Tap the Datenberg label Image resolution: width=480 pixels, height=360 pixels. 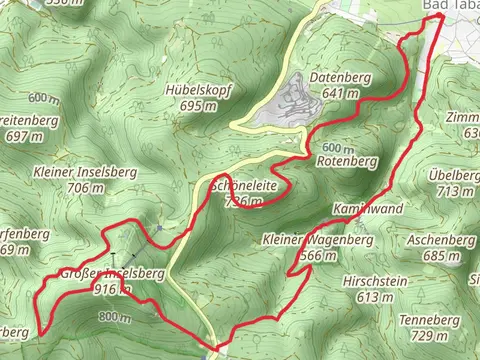(x=340, y=78)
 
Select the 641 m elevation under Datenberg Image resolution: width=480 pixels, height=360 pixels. (x=340, y=93)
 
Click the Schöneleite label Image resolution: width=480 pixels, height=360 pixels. (x=244, y=187)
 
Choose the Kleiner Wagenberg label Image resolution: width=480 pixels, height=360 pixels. (x=317, y=241)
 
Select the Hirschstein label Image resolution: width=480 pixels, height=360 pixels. (x=374, y=282)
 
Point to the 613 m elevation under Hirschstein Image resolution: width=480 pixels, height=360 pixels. (x=374, y=297)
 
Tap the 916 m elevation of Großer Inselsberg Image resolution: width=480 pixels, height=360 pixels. (x=111, y=289)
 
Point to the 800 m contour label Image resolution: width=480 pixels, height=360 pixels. (x=115, y=318)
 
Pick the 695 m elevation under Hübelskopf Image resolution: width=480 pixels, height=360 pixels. (x=198, y=105)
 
